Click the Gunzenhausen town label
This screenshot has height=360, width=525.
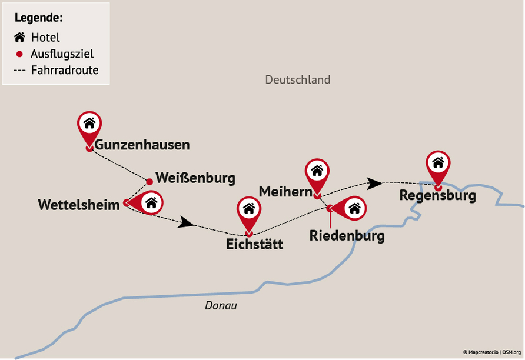point(142,144)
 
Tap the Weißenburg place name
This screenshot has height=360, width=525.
point(195,178)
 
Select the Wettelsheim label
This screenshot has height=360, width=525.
point(78,205)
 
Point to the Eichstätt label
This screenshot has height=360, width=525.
point(254,244)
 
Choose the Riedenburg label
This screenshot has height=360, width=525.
point(347,236)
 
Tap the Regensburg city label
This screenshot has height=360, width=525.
point(437,195)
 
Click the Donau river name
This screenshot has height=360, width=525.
point(221,306)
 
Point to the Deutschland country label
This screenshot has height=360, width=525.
point(297,79)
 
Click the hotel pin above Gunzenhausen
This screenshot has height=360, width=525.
point(89,124)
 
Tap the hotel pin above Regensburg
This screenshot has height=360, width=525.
point(438,163)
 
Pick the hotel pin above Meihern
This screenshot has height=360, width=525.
point(317,171)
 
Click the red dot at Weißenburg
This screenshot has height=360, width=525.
point(149,181)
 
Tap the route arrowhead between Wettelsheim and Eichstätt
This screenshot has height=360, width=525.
point(186,222)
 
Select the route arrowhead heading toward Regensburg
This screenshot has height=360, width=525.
point(374,183)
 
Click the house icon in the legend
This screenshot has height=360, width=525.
point(20,38)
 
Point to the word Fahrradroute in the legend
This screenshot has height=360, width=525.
point(65,71)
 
